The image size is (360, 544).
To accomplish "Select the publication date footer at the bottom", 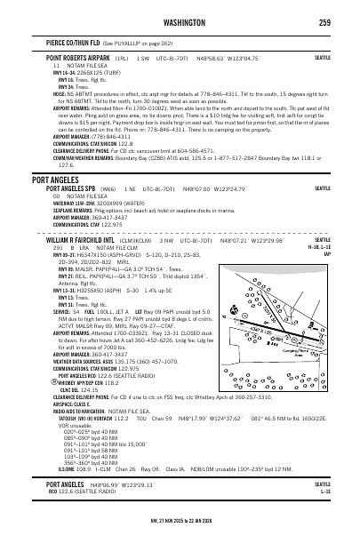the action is pyautogui.click(x=180, y=537).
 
